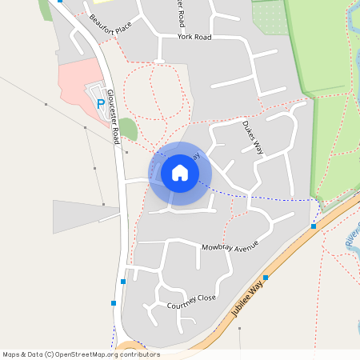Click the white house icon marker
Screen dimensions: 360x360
pos(180,173)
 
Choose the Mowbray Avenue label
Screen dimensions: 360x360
pos(231,246)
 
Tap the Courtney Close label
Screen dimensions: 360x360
pos(191,302)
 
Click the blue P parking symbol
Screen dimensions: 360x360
pos(100,103)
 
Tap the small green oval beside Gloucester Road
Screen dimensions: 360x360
pos(128,129)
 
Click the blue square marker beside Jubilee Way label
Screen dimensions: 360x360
pos(266,278)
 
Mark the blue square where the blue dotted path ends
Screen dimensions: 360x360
pos(314,226)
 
